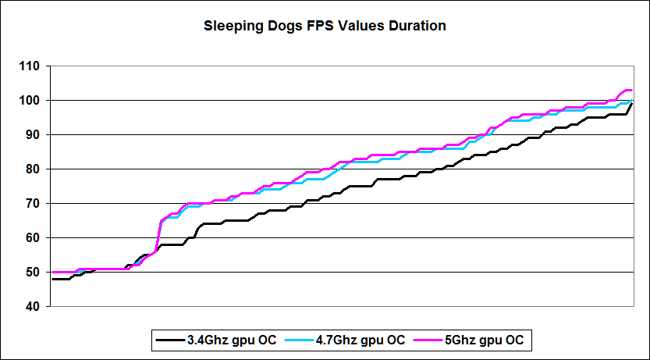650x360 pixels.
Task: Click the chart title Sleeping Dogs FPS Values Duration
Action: click(325, 26)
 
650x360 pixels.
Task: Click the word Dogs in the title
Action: click(282, 26)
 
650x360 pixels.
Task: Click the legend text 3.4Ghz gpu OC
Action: click(220, 340)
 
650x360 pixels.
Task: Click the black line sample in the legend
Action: click(169, 340)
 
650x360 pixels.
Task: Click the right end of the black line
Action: click(631, 103)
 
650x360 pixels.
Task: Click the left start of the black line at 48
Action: click(53, 279)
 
